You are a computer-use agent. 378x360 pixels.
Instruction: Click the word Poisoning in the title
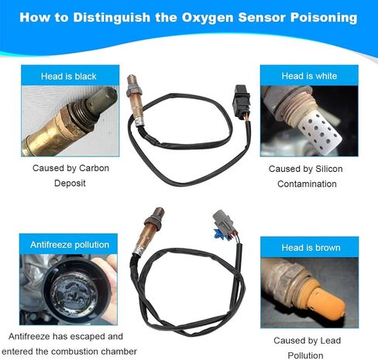[x=324, y=18]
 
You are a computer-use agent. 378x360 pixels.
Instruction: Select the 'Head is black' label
[x=69, y=76]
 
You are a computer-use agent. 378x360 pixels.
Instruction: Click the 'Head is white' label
[x=309, y=76]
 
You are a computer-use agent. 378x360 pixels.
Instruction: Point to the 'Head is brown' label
[x=311, y=248]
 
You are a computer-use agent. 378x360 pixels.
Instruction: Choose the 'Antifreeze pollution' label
[x=70, y=245]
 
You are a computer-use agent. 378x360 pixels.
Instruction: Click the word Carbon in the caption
[x=94, y=168]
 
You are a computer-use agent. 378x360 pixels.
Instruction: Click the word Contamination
[x=307, y=183]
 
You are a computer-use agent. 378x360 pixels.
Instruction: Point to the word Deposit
[x=70, y=183]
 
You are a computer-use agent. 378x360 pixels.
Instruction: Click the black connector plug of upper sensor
[x=241, y=98]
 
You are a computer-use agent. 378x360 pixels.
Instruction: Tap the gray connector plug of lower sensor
[x=223, y=221]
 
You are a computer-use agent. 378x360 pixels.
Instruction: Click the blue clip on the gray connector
[x=218, y=232]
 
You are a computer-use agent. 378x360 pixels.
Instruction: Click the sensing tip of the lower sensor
[x=158, y=212]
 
